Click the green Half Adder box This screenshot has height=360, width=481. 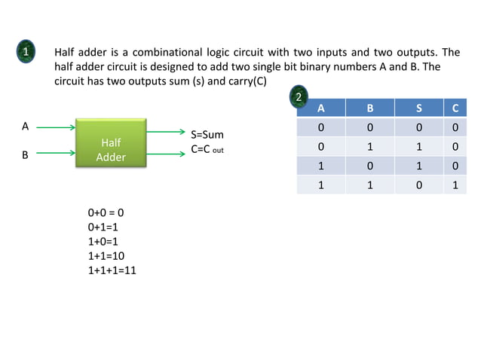tap(110, 142)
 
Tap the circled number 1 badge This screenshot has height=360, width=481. tap(26, 53)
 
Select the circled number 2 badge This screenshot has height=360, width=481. tap(299, 98)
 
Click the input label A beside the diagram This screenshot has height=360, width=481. tap(25, 127)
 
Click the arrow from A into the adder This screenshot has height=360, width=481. tap(55, 128)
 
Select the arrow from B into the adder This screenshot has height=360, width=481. tap(55, 154)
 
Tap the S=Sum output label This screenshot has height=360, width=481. tap(207, 134)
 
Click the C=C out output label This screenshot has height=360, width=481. tap(207, 149)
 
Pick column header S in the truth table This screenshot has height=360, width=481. tap(418, 108)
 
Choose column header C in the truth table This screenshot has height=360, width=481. tap(455, 108)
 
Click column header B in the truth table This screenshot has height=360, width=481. tap(369, 108)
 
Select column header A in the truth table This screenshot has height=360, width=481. tap(321, 108)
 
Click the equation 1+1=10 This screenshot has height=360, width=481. tap(106, 255)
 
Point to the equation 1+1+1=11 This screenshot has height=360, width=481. tap(112, 270)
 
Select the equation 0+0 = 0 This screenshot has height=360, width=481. tap(106, 212)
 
